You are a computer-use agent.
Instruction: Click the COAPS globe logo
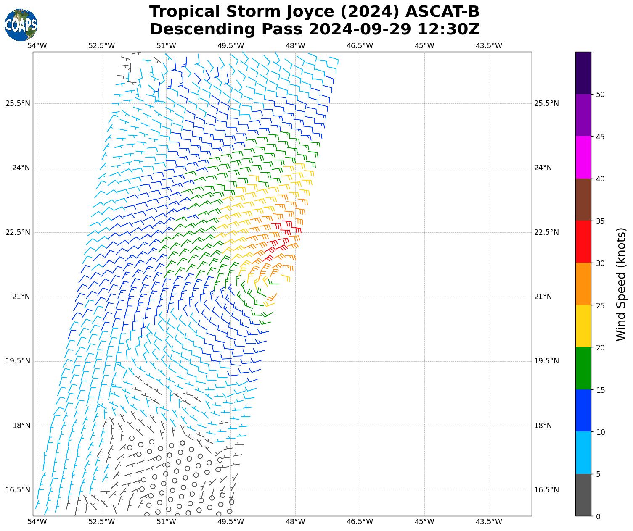click(21, 25)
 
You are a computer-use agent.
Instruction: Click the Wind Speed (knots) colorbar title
click(621, 284)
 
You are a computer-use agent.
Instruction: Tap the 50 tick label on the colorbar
click(601, 95)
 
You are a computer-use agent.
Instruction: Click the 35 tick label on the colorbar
click(601, 221)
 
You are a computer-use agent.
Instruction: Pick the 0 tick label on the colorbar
click(599, 516)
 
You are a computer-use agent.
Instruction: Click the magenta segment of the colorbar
click(583, 158)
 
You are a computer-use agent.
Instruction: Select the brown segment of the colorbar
click(583, 200)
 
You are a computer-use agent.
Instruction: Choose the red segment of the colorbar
click(583, 242)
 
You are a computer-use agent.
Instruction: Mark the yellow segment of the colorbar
click(583, 326)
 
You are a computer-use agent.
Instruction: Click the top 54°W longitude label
click(37, 46)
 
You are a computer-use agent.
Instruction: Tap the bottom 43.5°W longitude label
click(489, 522)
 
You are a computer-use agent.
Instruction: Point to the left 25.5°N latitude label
click(18, 103)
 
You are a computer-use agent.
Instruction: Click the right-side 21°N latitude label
click(543, 297)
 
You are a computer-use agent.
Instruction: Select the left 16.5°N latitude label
click(18, 490)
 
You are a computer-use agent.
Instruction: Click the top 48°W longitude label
click(295, 46)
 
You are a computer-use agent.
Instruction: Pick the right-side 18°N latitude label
click(543, 426)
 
